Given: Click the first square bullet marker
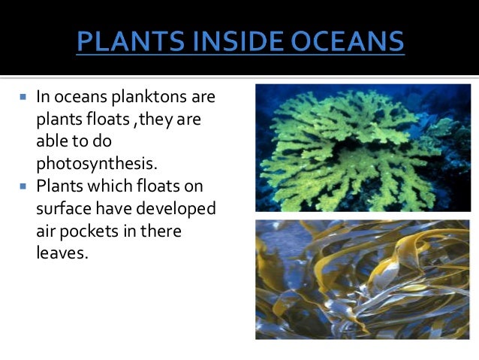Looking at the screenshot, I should (x=23, y=98).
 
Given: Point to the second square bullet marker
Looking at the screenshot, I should (x=23, y=186).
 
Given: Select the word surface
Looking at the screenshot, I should (x=63, y=208).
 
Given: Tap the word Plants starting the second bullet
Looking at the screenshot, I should (x=58, y=186).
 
